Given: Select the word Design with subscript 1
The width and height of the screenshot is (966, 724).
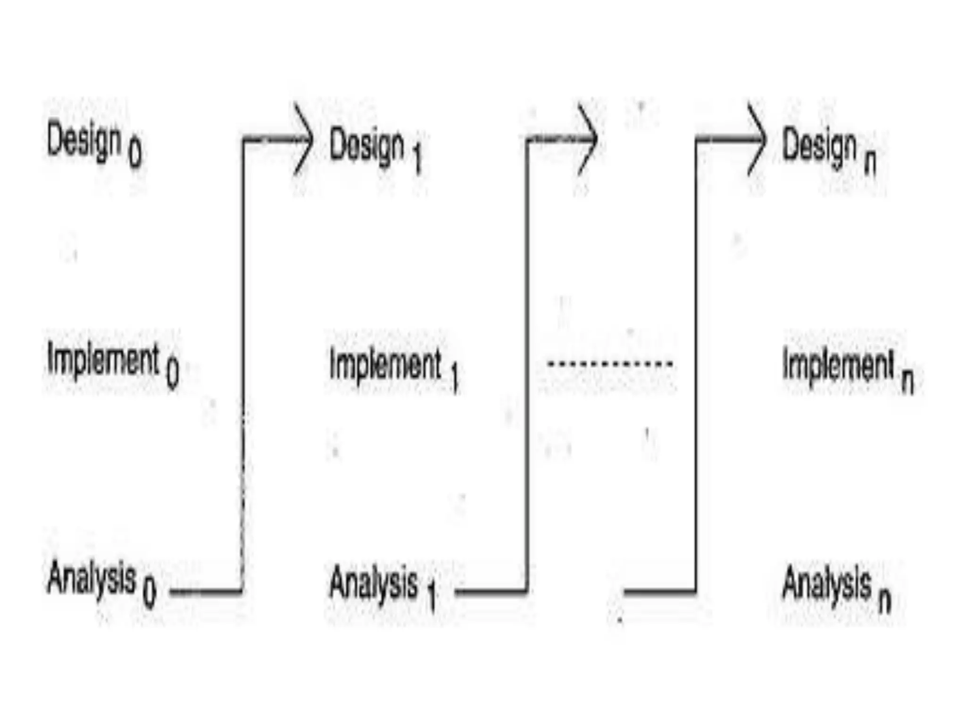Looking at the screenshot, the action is click(366, 146).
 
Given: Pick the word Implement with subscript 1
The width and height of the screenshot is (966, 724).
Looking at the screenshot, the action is click(385, 365).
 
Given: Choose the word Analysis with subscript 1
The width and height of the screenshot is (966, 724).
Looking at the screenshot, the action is click(374, 584).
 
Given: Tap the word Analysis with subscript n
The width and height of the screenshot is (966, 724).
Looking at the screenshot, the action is click(826, 584).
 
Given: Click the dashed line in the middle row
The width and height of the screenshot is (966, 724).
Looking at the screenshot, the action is click(609, 363).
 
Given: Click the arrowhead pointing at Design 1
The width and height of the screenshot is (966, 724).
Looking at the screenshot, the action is click(303, 139).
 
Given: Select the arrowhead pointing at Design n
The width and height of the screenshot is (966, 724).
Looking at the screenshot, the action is click(757, 139).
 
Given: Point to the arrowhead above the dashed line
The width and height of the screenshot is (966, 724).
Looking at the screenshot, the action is click(588, 139).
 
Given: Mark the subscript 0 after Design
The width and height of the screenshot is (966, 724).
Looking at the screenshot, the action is click(135, 154).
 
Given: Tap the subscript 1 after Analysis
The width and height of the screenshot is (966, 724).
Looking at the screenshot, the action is click(431, 596).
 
